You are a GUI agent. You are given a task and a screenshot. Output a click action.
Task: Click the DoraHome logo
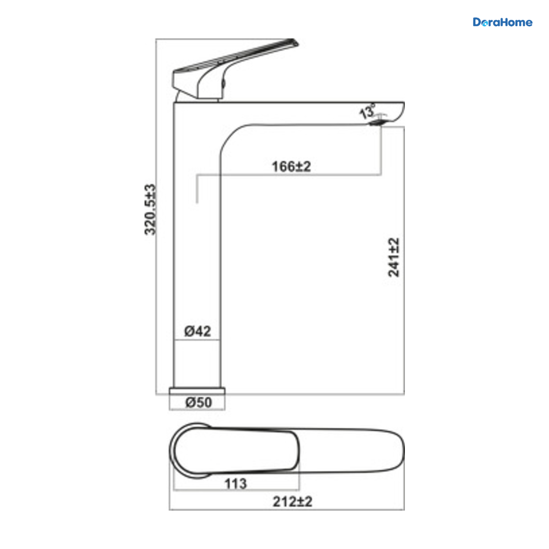click(502, 22)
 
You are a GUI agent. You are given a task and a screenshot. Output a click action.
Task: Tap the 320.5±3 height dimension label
click(150, 210)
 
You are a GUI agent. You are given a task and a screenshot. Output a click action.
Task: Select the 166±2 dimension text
click(291, 167)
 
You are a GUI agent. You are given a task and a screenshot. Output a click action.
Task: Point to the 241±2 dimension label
click(393, 257)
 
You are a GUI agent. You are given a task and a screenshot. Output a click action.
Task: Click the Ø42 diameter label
click(198, 331)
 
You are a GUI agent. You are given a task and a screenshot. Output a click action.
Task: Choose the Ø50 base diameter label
click(199, 403)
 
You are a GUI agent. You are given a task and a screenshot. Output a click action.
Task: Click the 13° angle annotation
click(367, 111)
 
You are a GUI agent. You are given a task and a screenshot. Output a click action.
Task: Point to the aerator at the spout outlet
click(376, 123)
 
